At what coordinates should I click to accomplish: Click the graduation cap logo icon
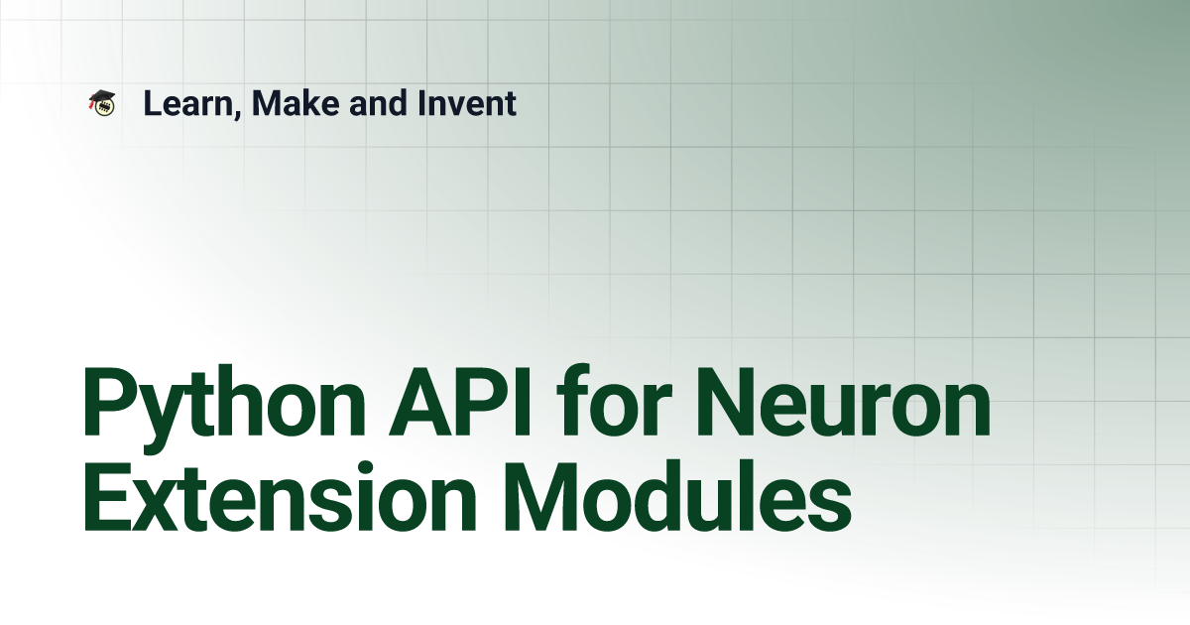[102, 102]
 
